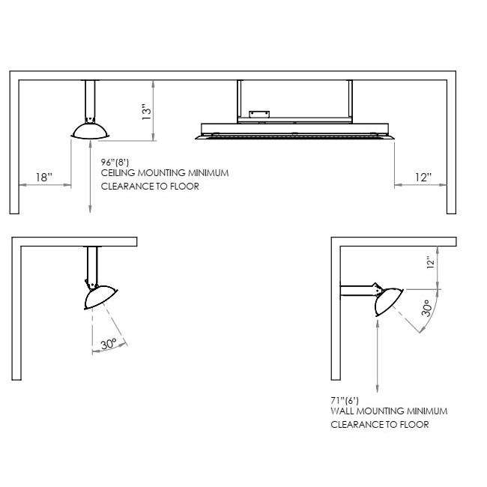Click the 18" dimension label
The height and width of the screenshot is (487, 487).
pyautogui.click(x=43, y=178)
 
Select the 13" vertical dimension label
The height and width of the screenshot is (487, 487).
pyautogui.click(x=146, y=112)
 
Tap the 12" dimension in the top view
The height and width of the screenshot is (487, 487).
pyautogui.click(x=423, y=178)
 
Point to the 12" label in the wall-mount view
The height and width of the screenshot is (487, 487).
pyautogui.click(x=430, y=262)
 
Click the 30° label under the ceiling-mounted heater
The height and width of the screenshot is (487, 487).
pyautogui.click(x=109, y=344)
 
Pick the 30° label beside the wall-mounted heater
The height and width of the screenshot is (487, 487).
pyautogui.click(x=427, y=308)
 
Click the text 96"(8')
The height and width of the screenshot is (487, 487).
pyautogui.click(x=115, y=162)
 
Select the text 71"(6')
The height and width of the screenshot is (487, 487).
pyautogui.click(x=345, y=401)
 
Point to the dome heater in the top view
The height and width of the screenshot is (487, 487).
pyautogui.click(x=90, y=131)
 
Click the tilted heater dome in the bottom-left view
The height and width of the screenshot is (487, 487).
pyautogui.click(x=100, y=297)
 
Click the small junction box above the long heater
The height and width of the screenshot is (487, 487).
pyautogui.click(x=259, y=115)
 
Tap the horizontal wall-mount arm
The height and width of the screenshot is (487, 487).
pyautogui.click(x=357, y=291)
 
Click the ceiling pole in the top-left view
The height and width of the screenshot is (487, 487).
pyautogui.click(x=90, y=100)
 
